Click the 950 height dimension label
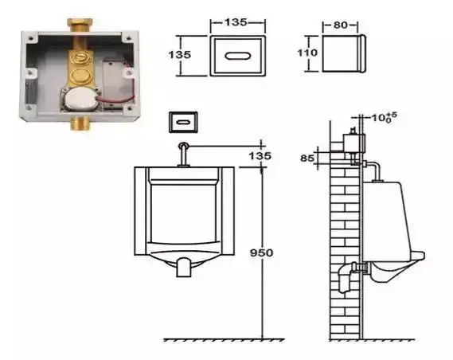(261, 252)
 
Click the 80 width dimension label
(341, 25)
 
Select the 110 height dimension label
(307, 53)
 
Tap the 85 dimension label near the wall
(307, 158)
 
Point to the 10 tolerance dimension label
(385, 117)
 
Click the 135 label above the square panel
(236, 22)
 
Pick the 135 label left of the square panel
(180, 55)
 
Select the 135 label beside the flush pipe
(260, 156)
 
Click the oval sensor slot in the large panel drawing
(238, 56)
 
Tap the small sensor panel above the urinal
(183, 122)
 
